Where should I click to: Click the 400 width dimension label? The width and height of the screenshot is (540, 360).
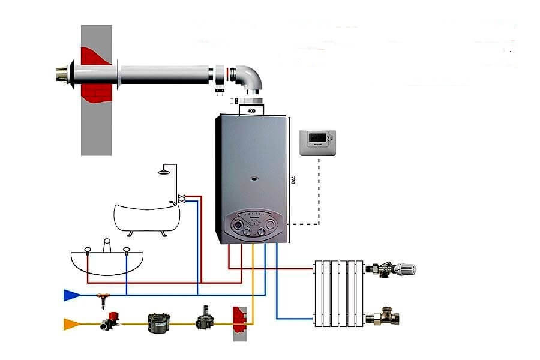(x=251, y=112)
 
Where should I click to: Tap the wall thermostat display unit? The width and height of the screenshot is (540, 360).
(x=317, y=143)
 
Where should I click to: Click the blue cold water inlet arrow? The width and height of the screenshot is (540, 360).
(x=71, y=295)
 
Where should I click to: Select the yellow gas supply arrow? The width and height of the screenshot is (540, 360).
(x=71, y=325)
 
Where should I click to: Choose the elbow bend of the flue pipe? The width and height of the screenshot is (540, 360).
(x=251, y=79)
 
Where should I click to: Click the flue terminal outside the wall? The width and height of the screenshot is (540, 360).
(x=62, y=74)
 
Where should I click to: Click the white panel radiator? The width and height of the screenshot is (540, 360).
(x=339, y=292)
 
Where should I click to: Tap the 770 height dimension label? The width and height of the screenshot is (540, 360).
(x=293, y=181)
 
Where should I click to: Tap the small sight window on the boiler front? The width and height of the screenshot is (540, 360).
(x=255, y=178)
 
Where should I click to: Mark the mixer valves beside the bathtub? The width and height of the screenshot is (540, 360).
(x=182, y=199)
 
